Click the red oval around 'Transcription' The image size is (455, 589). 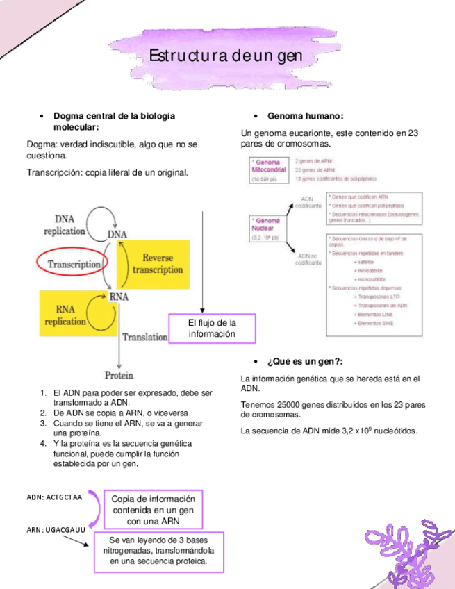click(74, 264)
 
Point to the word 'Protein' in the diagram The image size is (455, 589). click(119, 375)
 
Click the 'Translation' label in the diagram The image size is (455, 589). click(144, 337)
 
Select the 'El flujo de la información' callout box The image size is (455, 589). click(213, 329)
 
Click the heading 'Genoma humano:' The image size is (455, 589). click(306, 115)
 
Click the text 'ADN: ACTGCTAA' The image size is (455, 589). click(54, 497)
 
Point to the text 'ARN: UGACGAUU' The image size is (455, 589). click(56, 530)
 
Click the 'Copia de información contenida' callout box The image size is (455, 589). click(153, 510)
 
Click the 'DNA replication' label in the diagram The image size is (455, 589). click(65, 224)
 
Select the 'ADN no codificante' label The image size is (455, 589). click(308, 259)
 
